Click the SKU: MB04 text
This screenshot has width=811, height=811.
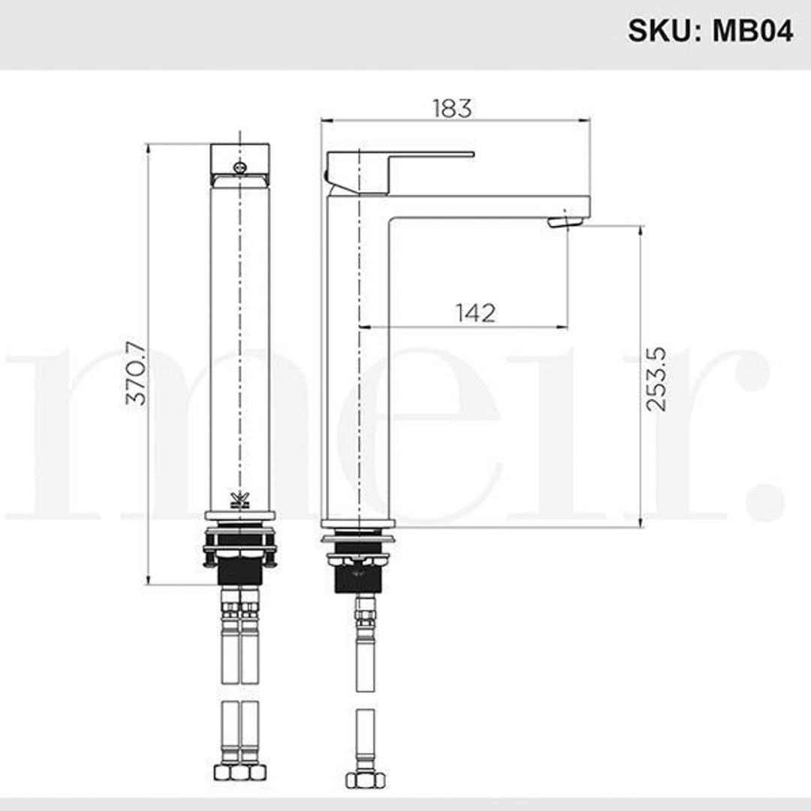click(x=710, y=31)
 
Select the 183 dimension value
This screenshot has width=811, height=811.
click(x=452, y=108)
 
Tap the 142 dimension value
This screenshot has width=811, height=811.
click(x=476, y=312)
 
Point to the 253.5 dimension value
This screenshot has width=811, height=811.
click(x=656, y=378)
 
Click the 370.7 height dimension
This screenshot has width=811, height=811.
click(x=137, y=373)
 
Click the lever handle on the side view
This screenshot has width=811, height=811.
click(x=421, y=157)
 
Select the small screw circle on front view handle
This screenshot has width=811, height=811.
click(x=240, y=167)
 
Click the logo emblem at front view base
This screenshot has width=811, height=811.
click(x=240, y=499)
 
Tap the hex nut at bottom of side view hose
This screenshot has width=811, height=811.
click(x=364, y=779)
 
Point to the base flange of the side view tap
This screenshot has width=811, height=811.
click(x=358, y=523)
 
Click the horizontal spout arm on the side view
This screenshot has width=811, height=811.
click(x=488, y=207)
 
